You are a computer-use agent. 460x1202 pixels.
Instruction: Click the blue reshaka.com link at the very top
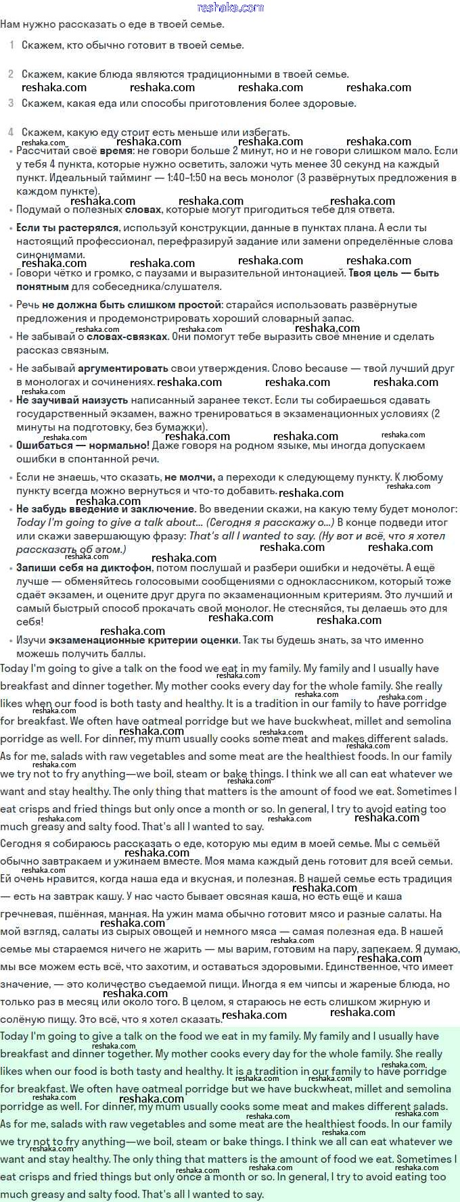pyautogui.click(x=230, y=7)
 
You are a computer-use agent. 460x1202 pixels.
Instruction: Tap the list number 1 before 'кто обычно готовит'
pyautogui.click(x=11, y=45)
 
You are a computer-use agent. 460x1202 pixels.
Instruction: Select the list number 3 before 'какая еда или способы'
pyautogui.click(x=11, y=103)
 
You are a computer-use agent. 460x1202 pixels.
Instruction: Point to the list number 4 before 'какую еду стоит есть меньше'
pyautogui.click(x=11, y=133)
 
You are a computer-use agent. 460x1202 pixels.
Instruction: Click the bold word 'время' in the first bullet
pyautogui.click(x=116, y=151)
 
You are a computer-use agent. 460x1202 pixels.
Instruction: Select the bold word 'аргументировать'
pyautogui.click(x=123, y=368)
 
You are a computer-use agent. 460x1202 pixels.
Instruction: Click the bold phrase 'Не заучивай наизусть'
pyautogui.click(x=72, y=400)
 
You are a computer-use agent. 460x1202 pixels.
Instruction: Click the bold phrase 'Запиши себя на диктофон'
pyautogui.click(x=84, y=568)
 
